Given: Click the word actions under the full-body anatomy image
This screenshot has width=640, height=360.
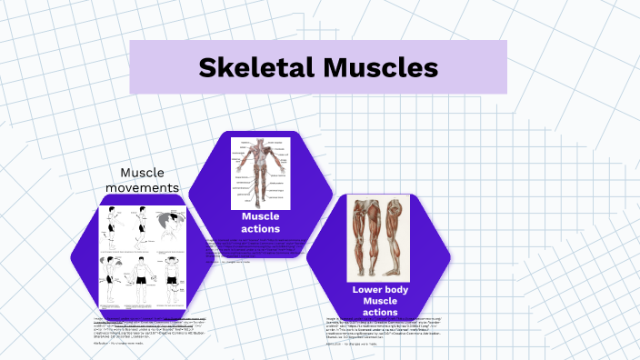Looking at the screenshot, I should tap(260, 229).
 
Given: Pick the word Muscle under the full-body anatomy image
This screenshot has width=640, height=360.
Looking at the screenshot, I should tap(260, 216).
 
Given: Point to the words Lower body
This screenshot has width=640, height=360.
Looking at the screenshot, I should tap(378, 289).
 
